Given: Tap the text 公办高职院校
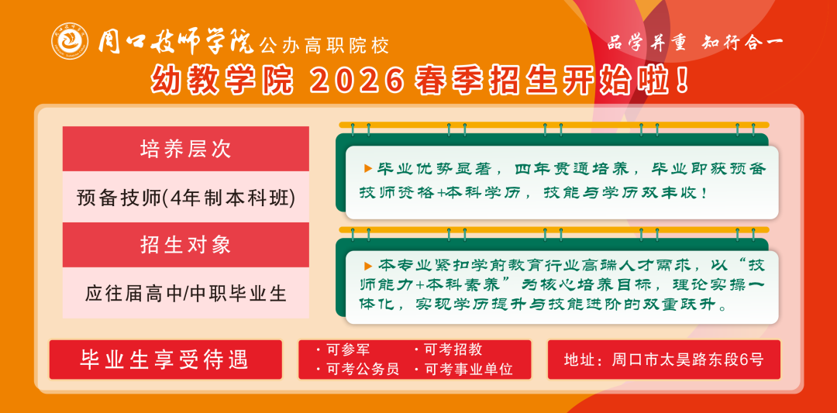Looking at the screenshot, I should point(324,46).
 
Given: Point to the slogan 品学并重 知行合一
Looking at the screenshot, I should point(694,43).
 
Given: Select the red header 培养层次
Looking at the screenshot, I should point(185,149).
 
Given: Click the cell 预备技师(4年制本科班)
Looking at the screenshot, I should point(185,198).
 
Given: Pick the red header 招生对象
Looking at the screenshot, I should point(185,246).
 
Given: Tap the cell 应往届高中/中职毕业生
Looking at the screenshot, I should point(185,294).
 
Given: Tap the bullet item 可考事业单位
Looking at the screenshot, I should point(468,370).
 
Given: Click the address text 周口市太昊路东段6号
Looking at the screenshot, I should point(687,360).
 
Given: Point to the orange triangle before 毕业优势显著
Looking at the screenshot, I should point(367,168).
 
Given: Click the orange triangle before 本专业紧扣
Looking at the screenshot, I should point(367,265).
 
